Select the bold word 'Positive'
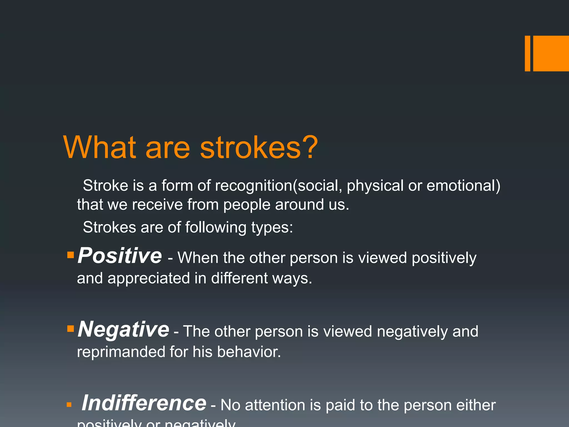pos(119,256)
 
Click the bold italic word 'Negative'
pos(123,329)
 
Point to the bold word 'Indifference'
pos(144,403)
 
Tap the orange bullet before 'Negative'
pos(71,329)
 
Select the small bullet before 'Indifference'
pos(69,405)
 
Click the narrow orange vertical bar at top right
pos(527,53)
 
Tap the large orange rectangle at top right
pos(551,53)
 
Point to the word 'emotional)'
pos(463,186)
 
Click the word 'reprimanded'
pos(121,352)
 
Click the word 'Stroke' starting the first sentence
pos(105,186)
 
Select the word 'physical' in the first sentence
pos(375,186)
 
